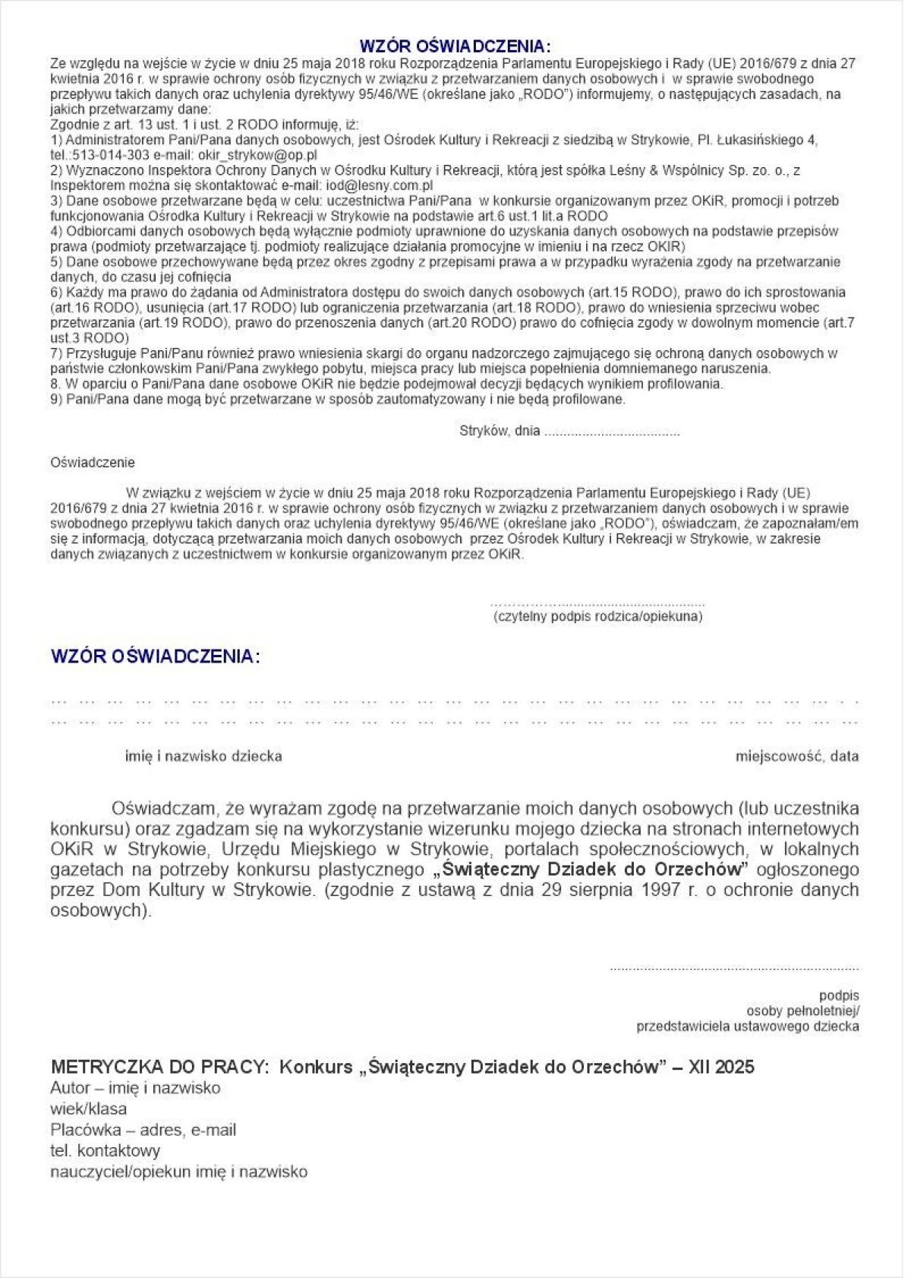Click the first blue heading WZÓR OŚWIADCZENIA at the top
click(x=455, y=44)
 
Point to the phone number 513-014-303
click(x=102, y=154)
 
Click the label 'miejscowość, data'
click(x=797, y=756)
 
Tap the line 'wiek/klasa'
click(x=89, y=1109)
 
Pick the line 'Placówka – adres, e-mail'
click(x=143, y=1130)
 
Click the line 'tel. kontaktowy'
click(x=106, y=1150)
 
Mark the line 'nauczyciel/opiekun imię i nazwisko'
click(x=179, y=1172)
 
